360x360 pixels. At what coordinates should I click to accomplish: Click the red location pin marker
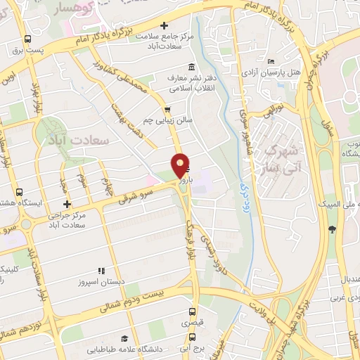(181, 165)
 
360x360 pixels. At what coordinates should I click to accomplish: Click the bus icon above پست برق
(27, 39)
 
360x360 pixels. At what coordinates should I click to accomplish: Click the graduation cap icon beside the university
(124, 338)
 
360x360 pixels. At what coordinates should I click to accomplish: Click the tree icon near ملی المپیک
(331, 229)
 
